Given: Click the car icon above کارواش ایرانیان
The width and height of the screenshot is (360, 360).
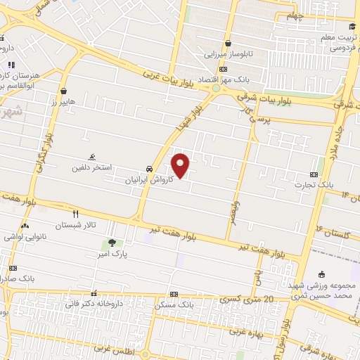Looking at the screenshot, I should (149, 169).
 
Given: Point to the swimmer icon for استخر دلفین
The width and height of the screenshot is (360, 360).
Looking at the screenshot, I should (91, 157).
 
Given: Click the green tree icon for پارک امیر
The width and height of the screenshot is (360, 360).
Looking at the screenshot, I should (112, 243).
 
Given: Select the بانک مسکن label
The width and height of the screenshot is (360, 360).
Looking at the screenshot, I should (176, 306).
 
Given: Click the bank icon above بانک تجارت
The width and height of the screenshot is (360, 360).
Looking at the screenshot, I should (314, 174).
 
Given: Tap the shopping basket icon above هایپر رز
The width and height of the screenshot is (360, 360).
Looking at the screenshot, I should (64, 91).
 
